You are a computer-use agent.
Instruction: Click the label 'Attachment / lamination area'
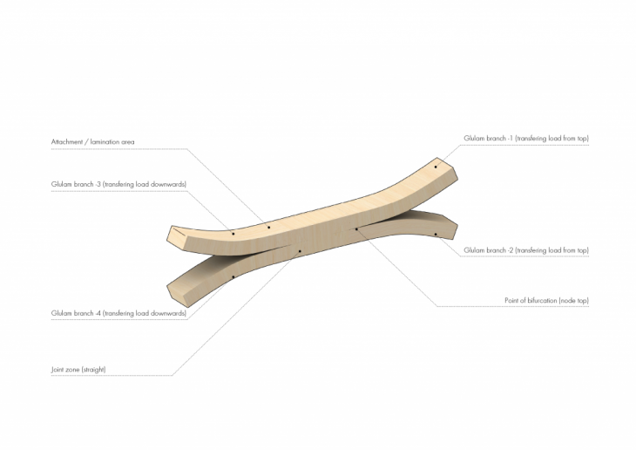(x=93, y=141)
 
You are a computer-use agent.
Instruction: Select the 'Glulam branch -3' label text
(x=118, y=184)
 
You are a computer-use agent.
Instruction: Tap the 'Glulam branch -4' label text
(x=118, y=312)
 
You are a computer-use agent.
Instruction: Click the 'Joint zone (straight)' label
(x=79, y=369)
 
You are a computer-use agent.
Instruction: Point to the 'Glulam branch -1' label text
(x=526, y=139)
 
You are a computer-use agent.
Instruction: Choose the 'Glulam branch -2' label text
(x=526, y=250)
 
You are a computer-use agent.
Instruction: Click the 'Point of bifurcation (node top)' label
(x=546, y=300)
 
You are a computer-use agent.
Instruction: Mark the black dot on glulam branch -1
(x=436, y=166)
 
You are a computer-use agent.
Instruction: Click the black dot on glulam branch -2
(x=436, y=234)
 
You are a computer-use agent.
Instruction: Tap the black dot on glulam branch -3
(x=233, y=233)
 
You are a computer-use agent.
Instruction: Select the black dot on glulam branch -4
(x=233, y=277)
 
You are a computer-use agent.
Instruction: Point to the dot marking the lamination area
(x=269, y=228)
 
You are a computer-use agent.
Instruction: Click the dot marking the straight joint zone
(x=299, y=251)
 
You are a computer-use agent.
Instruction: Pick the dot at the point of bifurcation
(x=355, y=229)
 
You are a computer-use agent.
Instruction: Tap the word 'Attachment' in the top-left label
(x=68, y=141)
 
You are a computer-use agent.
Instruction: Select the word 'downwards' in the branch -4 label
(x=170, y=312)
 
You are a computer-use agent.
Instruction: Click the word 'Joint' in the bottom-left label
(x=60, y=369)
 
